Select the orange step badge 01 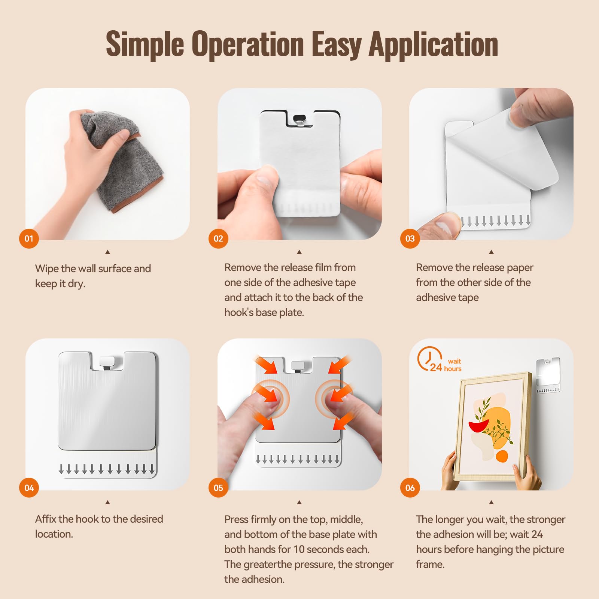click(29, 238)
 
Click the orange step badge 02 click(218, 238)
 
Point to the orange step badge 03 click(410, 238)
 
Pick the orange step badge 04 click(29, 488)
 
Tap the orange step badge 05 click(218, 488)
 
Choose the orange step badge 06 click(410, 488)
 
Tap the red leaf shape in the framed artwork click(479, 426)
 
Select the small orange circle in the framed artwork click(502, 456)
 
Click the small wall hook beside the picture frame click(548, 374)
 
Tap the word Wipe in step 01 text click(46, 269)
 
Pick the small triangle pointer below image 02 click(299, 252)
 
